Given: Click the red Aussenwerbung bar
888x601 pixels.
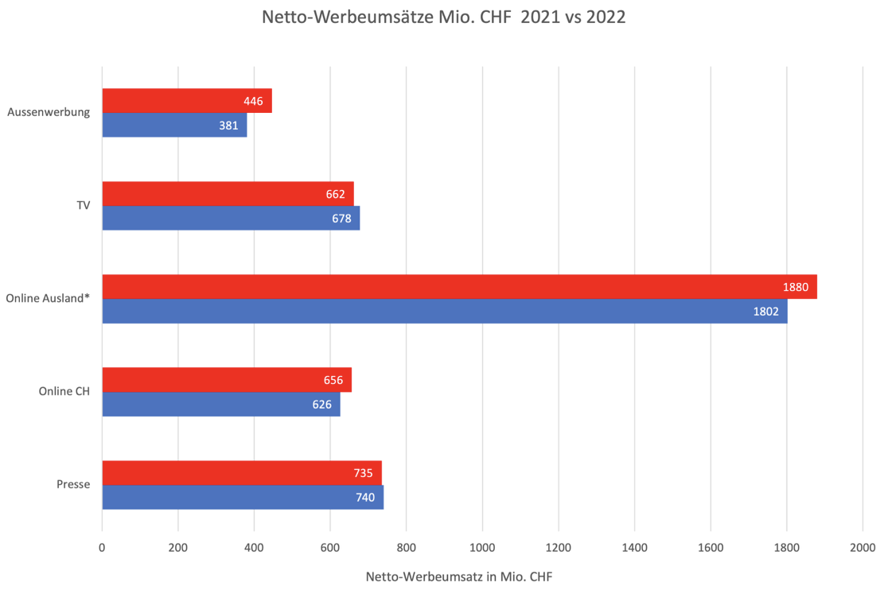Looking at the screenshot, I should click(x=187, y=101).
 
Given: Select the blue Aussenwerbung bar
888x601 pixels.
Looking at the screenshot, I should click(x=174, y=125).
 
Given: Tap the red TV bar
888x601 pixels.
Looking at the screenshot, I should click(x=228, y=194).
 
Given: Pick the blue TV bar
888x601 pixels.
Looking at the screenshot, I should click(x=231, y=218).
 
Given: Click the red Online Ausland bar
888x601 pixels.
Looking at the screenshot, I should click(x=459, y=287).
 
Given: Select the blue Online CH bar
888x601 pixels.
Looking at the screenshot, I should click(x=221, y=404).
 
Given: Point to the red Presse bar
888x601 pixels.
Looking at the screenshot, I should click(x=242, y=473).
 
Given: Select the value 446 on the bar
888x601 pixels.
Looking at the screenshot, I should click(x=254, y=101).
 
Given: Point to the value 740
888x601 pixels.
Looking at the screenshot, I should click(x=364, y=498).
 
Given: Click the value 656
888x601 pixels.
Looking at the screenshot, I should click(x=333, y=380).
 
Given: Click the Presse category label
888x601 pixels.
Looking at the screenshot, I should click(x=73, y=484).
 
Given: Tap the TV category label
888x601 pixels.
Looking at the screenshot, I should click(x=82, y=205).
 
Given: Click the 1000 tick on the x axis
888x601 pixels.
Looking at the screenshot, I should click(x=482, y=547).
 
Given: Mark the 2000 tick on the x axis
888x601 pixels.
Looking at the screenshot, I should click(x=862, y=547).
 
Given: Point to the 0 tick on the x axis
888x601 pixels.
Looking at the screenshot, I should click(x=102, y=547).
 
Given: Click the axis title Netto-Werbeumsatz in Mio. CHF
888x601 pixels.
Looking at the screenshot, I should click(x=458, y=577).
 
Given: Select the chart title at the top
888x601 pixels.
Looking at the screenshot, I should click(x=444, y=17).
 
